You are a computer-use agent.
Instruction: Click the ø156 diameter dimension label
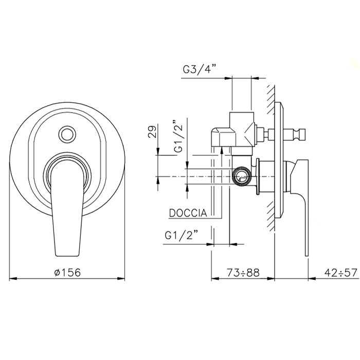coord(68,273)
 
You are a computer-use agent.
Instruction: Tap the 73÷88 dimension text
coord(243,273)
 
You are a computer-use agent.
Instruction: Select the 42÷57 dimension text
coord(341,273)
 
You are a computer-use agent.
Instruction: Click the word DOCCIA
coord(188,213)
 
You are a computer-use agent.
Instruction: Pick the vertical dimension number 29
coord(153,131)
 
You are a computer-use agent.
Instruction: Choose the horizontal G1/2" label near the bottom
coord(182,235)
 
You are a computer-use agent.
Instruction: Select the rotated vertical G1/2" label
coord(178,136)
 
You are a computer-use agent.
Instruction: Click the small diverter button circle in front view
coord(67,134)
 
